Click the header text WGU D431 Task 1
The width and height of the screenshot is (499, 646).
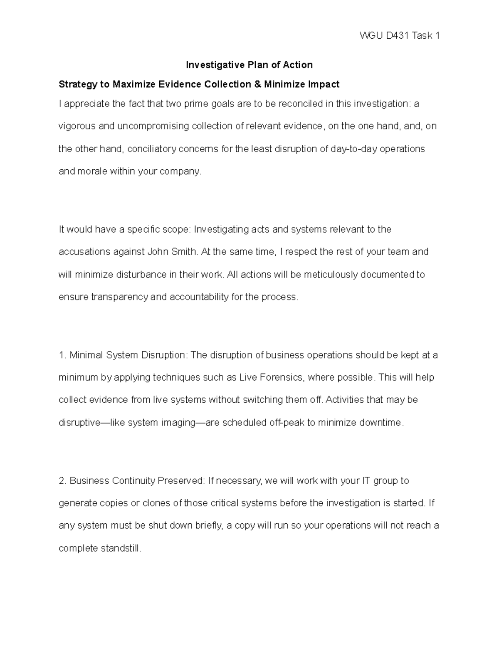[x=399, y=36]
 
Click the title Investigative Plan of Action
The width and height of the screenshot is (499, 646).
[x=249, y=65]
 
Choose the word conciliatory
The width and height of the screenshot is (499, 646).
[x=152, y=149]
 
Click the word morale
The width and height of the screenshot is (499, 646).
[x=92, y=171]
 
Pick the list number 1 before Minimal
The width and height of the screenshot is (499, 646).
[x=62, y=355]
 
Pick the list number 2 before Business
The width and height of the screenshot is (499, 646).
[x=62, y=481]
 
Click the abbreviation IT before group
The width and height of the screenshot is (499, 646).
[x=367, y=481]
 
